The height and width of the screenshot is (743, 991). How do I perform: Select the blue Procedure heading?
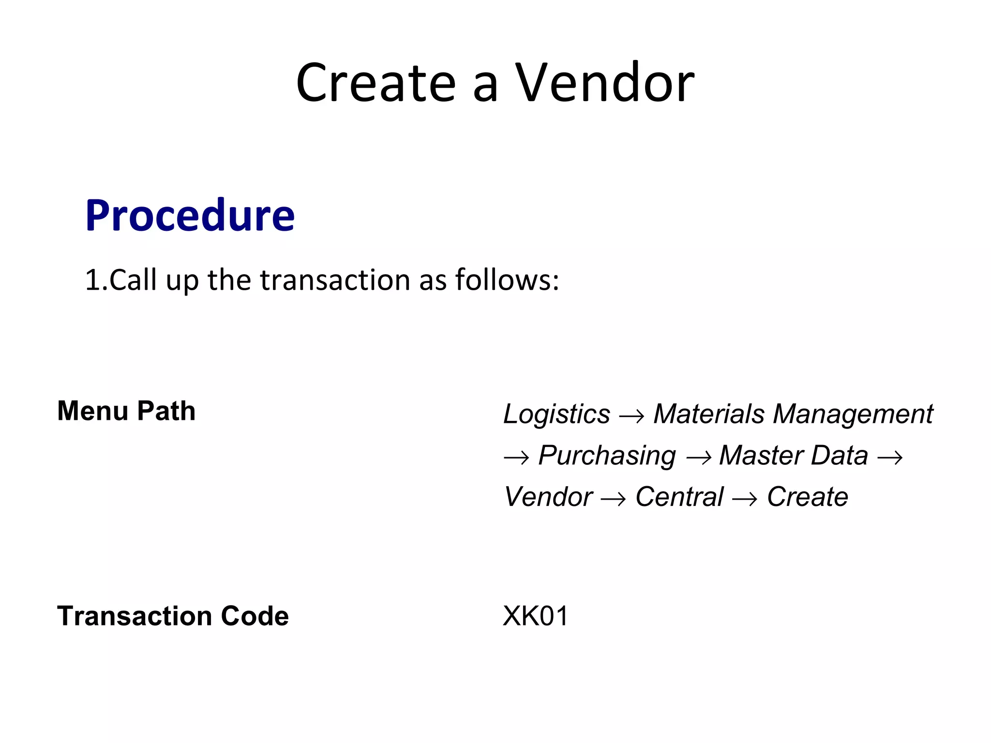[190, 216]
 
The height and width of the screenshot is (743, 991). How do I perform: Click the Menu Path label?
[126, 411]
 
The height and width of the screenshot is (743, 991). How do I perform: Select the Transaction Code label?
[173, 616]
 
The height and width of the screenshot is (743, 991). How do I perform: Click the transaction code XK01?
[536, 616]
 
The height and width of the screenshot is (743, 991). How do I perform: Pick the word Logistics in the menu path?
[556, 415]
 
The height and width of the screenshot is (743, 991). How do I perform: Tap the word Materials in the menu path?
[709, 415]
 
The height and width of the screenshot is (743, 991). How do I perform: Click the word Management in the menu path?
[853, 415]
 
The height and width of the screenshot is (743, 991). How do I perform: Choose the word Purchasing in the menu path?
[607, 456]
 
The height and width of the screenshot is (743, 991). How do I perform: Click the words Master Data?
[794, 456]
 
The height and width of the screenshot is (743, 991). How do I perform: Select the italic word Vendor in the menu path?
[548, 497]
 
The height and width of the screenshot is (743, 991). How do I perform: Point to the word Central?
[679, 497]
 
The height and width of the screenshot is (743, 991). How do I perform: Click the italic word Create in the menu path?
[807, 497]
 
